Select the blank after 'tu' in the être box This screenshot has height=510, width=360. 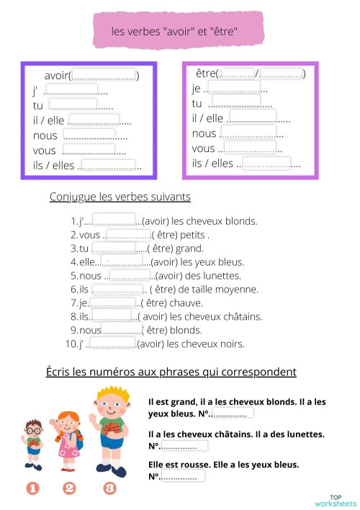point(235,102)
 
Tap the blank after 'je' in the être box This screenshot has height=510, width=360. point(235,88)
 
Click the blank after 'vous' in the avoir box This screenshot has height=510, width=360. point(89,150)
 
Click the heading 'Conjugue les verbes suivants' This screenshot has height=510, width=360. point(120,197)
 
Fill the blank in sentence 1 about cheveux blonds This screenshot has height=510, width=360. point(114,220)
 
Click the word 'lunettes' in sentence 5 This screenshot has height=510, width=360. point(220,275)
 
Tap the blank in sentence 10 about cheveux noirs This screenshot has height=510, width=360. point(113,344)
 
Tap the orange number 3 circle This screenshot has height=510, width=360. point(109,488)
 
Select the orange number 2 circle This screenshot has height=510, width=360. point(69,488)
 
